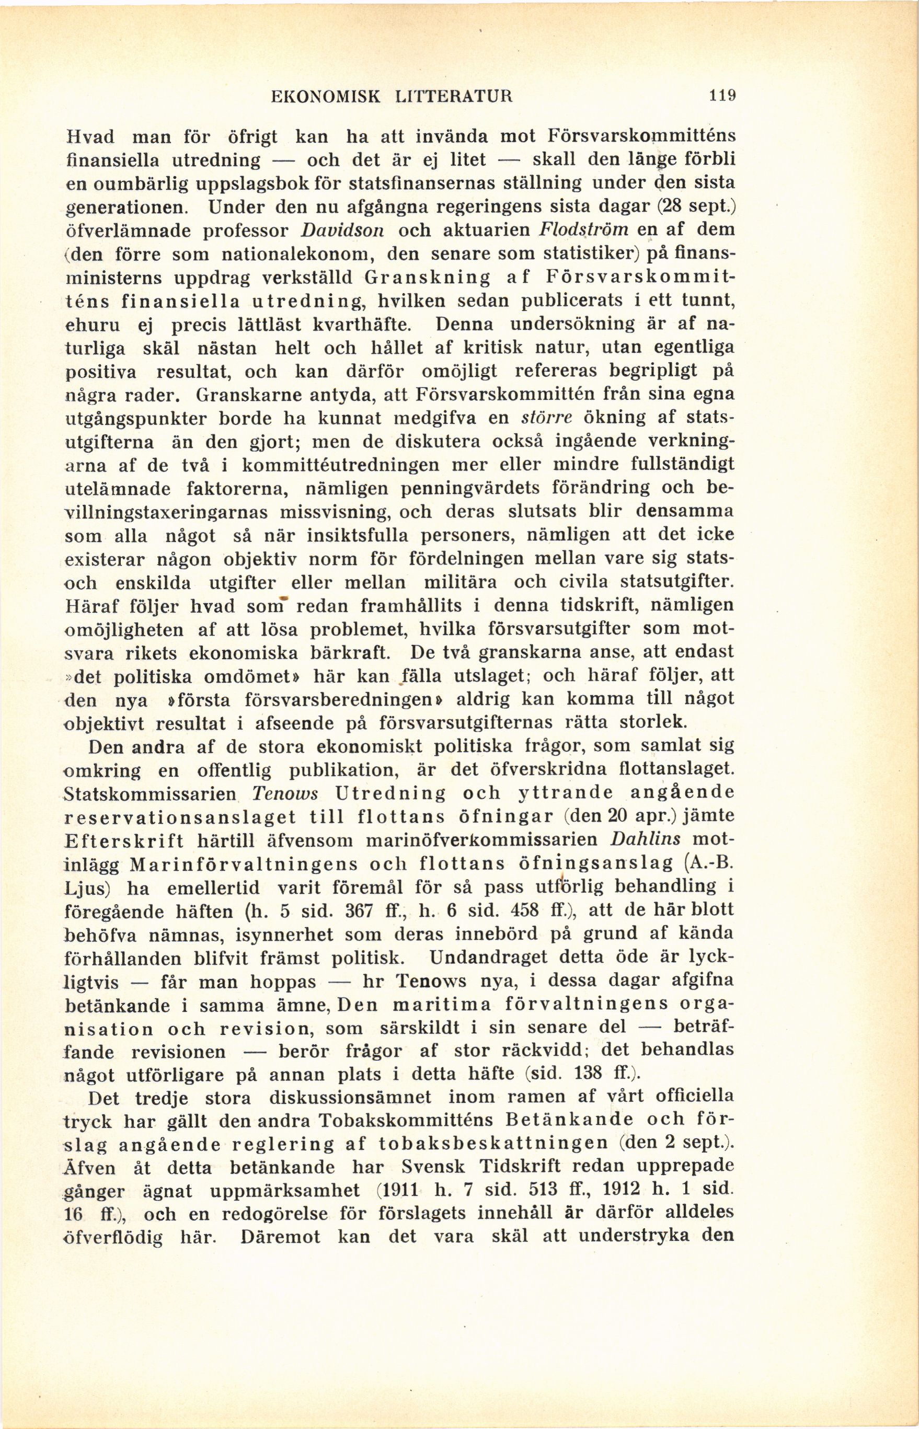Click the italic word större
pos(536,418)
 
